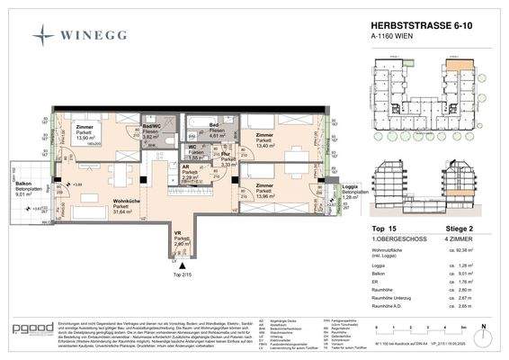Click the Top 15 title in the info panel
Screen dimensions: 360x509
point(371,230)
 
